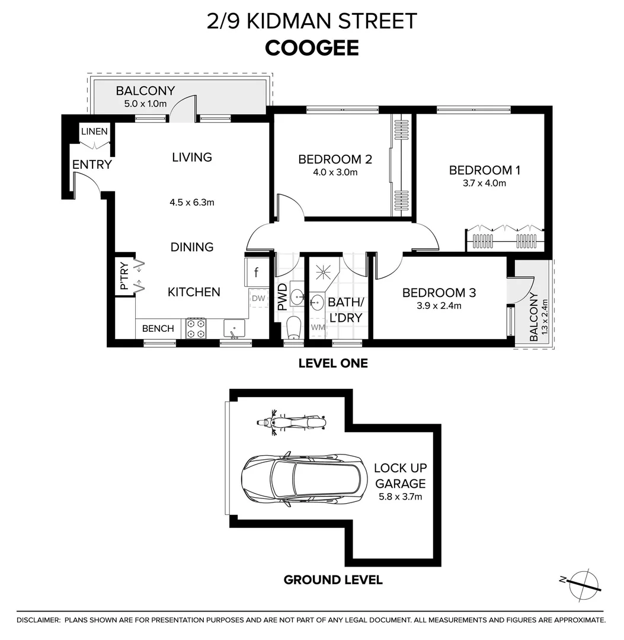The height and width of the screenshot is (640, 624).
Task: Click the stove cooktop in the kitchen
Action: coord(196,329)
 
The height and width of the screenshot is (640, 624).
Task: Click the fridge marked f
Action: coord(256,273)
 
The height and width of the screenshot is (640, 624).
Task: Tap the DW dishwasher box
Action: coord(258,299)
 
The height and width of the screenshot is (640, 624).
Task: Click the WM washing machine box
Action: coord(318,327)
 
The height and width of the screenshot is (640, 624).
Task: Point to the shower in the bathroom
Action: coord(324,272)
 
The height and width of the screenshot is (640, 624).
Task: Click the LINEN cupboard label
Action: coord(95,131)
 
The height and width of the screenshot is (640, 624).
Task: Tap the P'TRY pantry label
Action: coord(124,277)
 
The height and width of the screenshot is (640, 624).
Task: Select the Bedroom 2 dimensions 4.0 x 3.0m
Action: coord(335,172)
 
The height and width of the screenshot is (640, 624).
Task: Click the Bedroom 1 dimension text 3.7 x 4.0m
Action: coord(484,183)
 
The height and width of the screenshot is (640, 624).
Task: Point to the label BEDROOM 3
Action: coord(439,293)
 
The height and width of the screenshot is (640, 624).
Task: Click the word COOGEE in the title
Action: coord(312,48)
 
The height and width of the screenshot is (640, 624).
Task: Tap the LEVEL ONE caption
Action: coord(333,363)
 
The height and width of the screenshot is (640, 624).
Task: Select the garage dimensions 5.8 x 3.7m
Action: coord(400,497)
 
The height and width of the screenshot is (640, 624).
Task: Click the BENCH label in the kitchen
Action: coord(158,328)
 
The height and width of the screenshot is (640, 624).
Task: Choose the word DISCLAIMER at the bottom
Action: coord(39,620)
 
